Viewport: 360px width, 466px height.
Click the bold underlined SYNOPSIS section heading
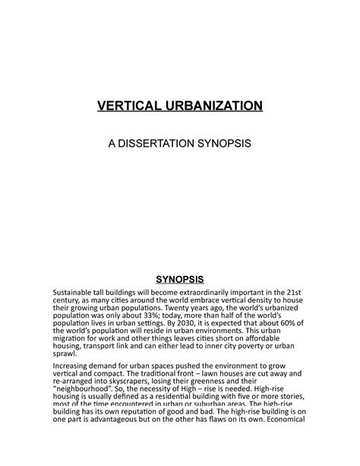180,279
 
